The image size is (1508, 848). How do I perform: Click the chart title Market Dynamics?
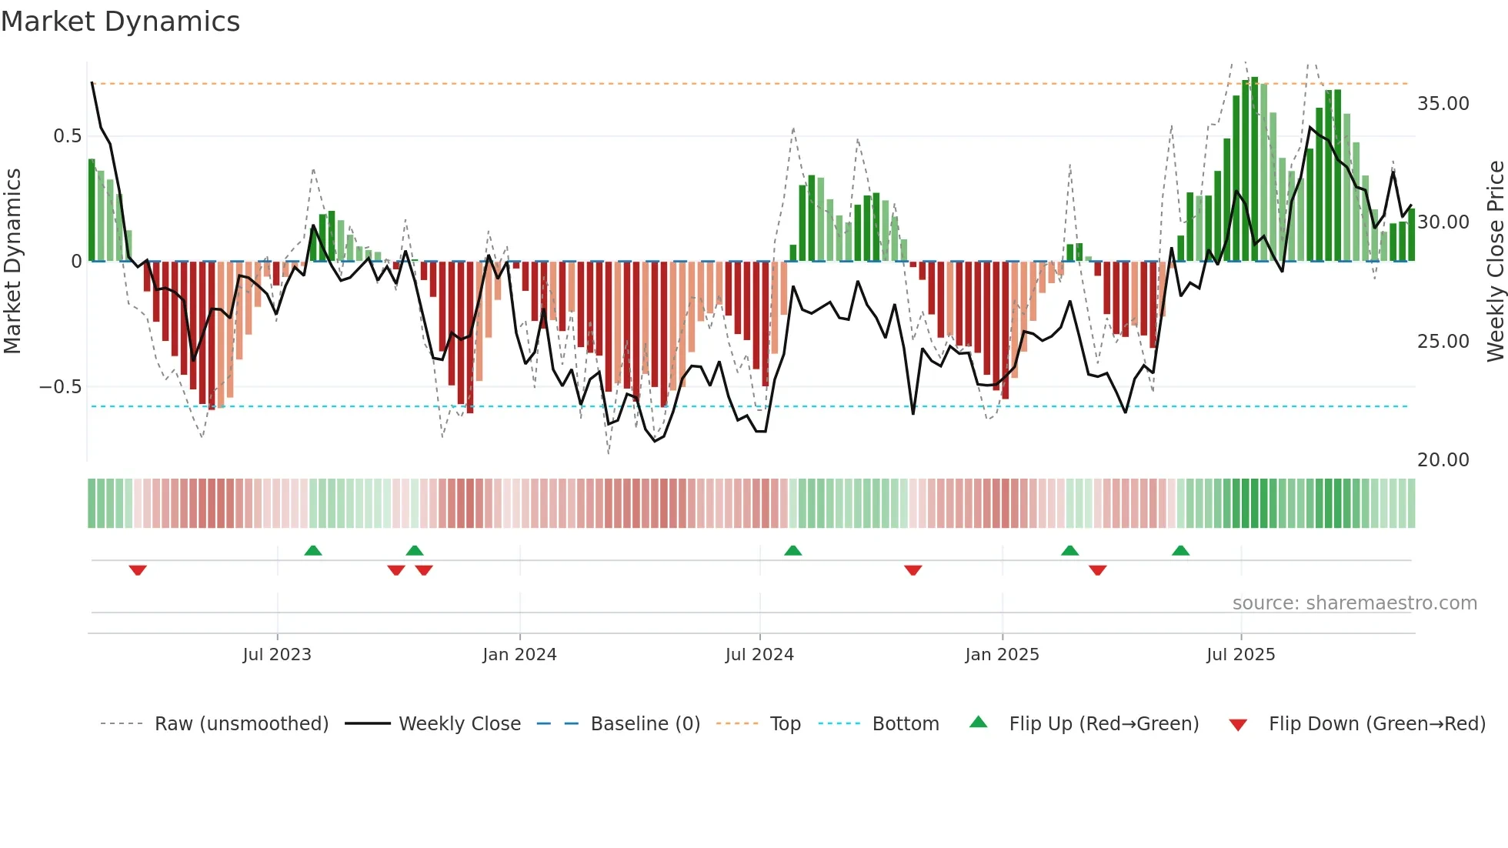121,22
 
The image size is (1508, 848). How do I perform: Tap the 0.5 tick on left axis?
67,136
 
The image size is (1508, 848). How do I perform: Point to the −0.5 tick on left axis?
60,387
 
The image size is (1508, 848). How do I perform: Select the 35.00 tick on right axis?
1443,104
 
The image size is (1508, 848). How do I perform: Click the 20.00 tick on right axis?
1443,460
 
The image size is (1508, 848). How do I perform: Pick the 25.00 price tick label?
1443,342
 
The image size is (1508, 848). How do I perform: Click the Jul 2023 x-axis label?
277,655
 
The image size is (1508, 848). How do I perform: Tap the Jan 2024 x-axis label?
519,655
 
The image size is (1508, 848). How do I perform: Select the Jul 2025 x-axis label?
1240,655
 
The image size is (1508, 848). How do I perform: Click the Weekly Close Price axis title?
1495,262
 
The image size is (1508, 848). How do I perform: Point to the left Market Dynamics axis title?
12,262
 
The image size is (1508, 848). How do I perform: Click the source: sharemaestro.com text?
1354,603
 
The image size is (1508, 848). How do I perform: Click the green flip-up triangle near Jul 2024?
792,550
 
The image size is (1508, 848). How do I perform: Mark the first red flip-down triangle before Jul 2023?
138,570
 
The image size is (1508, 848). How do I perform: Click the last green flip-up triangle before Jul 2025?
1180,550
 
